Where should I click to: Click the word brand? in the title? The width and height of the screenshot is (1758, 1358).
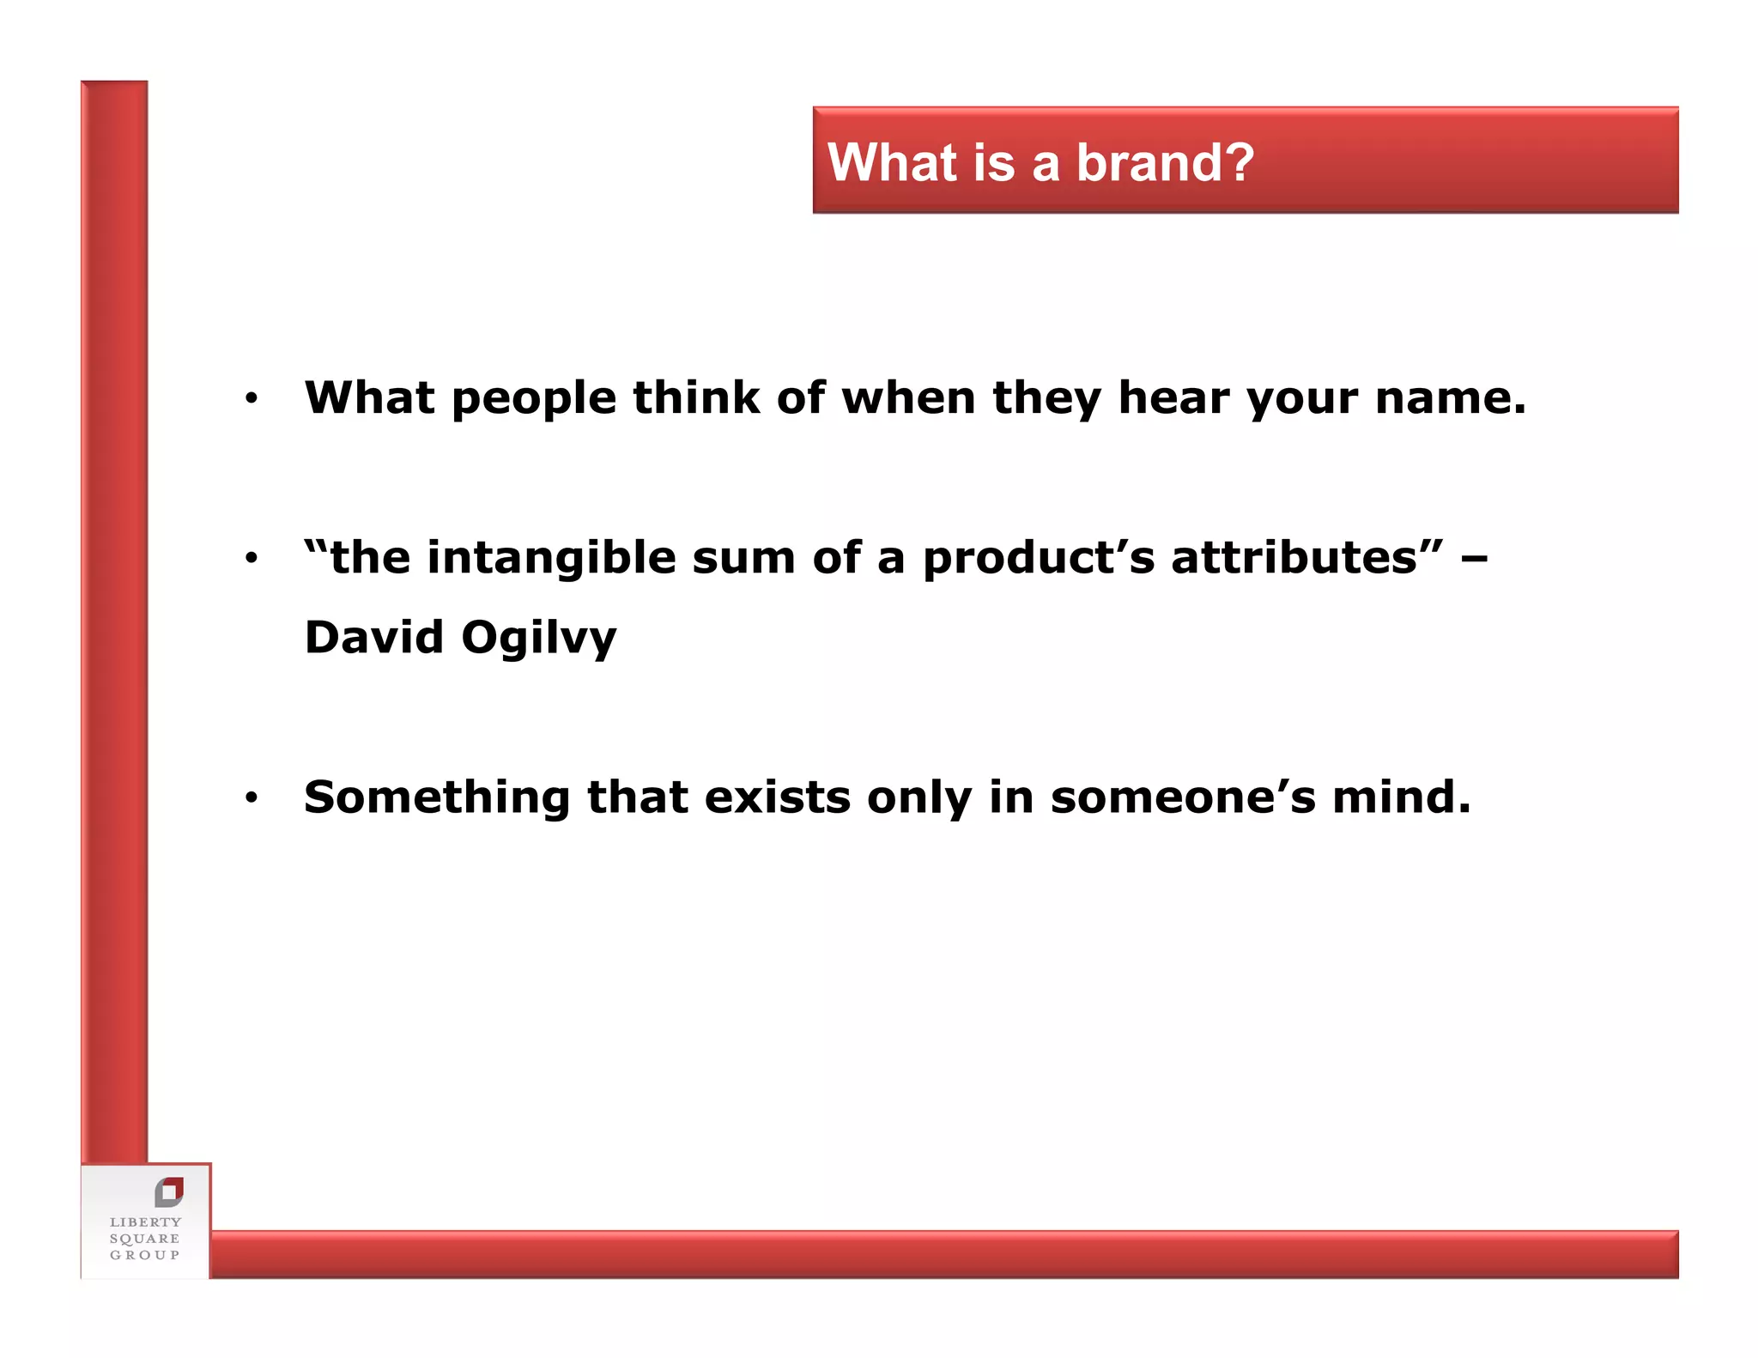tap(1165, 163)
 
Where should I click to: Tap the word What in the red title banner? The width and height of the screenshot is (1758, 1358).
tap(892, 163)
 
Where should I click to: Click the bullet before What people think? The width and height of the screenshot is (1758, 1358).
tap(251, 397)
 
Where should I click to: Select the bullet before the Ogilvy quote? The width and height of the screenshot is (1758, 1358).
tap(251, 558)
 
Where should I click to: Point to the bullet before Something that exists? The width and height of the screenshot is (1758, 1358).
tap(251, 797)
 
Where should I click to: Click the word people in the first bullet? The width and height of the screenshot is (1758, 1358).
tap(533, 399)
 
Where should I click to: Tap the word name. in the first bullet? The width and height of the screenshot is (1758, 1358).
tap(1450, 398)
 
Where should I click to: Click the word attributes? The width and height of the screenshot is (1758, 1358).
tap(1294, 558)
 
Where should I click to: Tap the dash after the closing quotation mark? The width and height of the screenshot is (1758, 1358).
tap(1474, 560)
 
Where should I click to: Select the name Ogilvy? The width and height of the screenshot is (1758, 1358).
tap(538, 639)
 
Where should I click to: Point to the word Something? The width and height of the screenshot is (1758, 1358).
tap(436, 798)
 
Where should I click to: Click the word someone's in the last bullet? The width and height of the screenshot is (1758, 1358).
tap(1182, 797)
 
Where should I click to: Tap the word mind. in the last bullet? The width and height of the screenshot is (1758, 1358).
tap(1401, 797)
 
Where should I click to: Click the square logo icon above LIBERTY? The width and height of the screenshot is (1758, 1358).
tap(169, 1191)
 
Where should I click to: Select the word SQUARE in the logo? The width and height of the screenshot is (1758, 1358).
tap(144, 1239)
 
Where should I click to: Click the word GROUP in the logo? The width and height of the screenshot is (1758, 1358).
tap(144, 1255)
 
